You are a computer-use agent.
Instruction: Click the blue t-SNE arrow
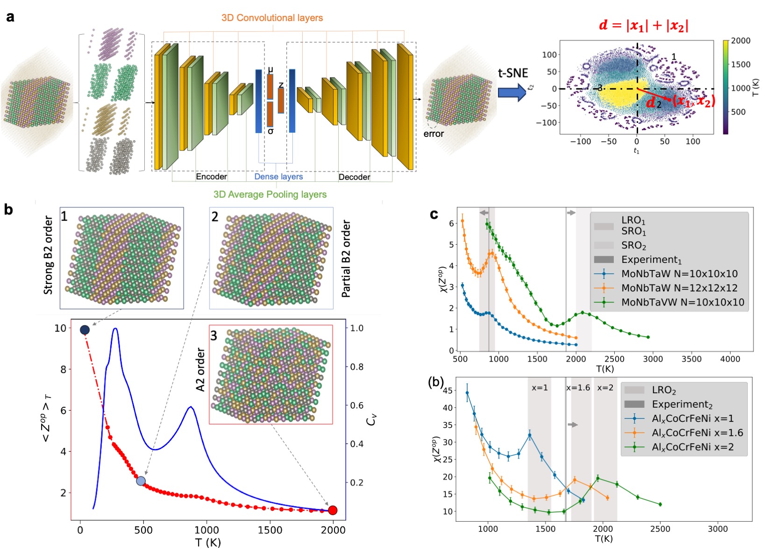(512, 92)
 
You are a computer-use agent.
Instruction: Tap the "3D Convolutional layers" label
(272, 18)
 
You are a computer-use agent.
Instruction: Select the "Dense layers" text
(278, 177)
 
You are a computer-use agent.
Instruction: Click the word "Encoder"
(211, 177)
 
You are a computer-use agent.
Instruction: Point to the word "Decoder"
(354, 177)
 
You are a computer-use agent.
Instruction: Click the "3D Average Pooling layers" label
(270, 194)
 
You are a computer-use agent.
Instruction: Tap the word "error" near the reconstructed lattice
(433, 134)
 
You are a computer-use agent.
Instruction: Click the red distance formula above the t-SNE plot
(643, 25)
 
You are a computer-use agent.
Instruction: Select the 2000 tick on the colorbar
(740, 41)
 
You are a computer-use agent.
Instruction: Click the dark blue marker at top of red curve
(85, 330)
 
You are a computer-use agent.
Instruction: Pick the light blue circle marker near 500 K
(141, 481)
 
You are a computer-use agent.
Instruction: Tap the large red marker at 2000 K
(333, 510)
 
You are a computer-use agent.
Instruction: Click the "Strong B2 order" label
(48, 255)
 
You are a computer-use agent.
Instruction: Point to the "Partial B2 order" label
(346, 259)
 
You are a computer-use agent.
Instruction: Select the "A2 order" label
(200, 369)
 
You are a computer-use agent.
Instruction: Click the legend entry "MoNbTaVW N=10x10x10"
(682, 302)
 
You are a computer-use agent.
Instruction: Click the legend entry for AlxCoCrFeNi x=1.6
(697, 432)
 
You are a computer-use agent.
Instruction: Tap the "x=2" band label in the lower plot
(605, 388)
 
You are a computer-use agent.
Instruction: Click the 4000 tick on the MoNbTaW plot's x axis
(730, 359)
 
